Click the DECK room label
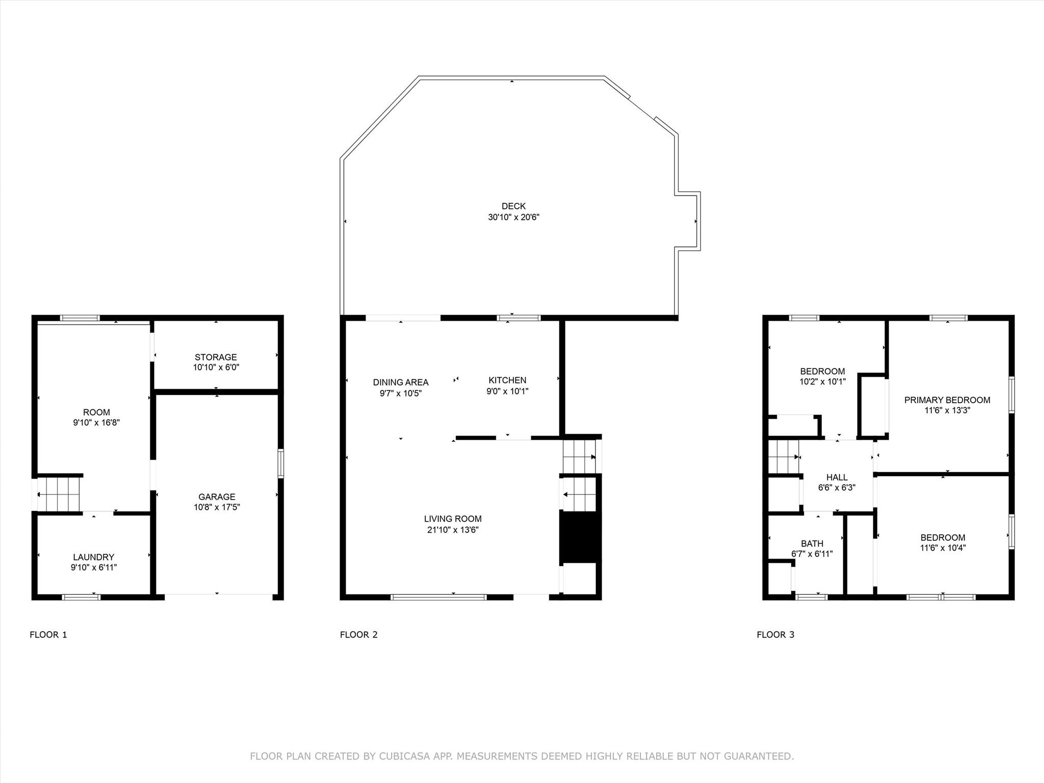(x=513, y=206)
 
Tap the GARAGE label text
(x=217, y=497)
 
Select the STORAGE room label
(x=216, y=357)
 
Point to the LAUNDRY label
(x=93, y=557)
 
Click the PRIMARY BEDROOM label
(x=947, y=400)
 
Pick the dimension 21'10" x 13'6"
(x=453, y=530)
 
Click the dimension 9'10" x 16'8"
(x=96, y=423)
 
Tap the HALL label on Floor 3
(x=837, y=477)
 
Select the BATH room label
(x=812, y=543)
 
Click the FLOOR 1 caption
(x=48, y=635)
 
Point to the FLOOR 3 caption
(x=775, y=635)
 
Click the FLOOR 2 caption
(x=359, y=635)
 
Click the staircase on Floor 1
(x=59, y=493)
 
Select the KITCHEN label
(x=507, y=380)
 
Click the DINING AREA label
(x=401, y=382)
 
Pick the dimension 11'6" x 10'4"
(x=943, y=548)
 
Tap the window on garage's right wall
(x=281, y=463)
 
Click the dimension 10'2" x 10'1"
(x=822, y=381)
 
